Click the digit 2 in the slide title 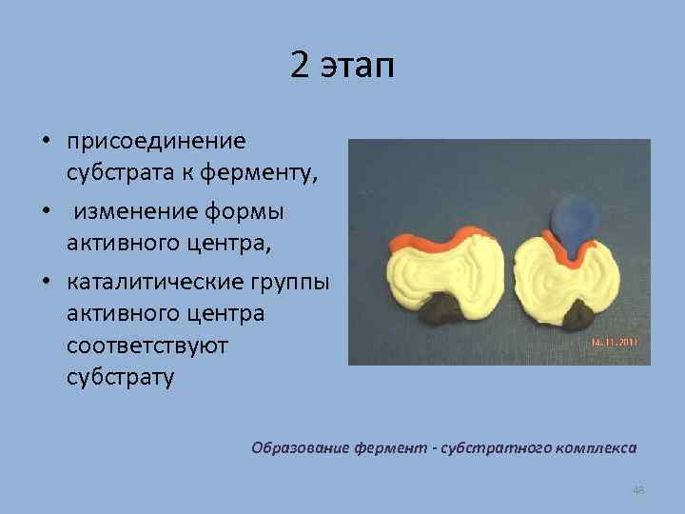click(301, 68)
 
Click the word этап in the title click(358, 69)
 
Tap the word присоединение click(156, 142)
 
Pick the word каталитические click(162, 282)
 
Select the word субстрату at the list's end click(121, 376)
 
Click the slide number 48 click(638, 489)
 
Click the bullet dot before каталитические click(45, 283)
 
